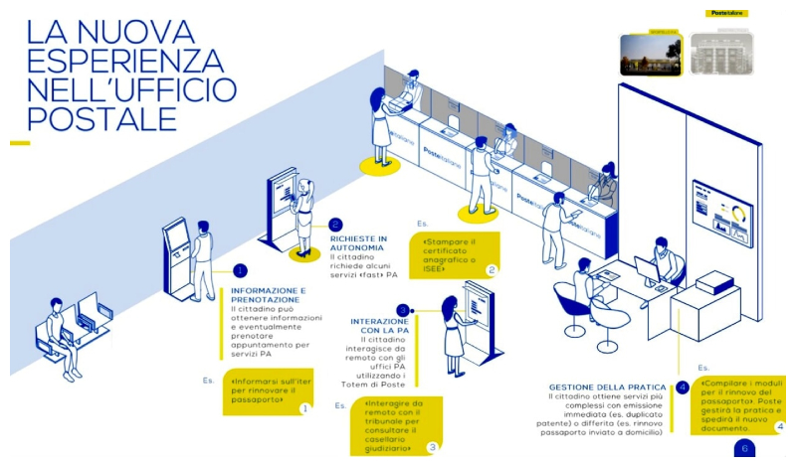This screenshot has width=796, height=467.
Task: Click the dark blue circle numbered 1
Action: (240, 270)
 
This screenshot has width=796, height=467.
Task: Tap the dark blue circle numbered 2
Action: (335, 225)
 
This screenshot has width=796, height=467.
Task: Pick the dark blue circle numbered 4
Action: (682, 388)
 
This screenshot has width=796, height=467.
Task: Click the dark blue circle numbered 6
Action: (746, 449)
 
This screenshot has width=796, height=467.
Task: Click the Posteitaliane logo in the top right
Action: (727, 14)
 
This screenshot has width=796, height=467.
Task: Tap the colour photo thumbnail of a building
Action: (649, 54)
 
